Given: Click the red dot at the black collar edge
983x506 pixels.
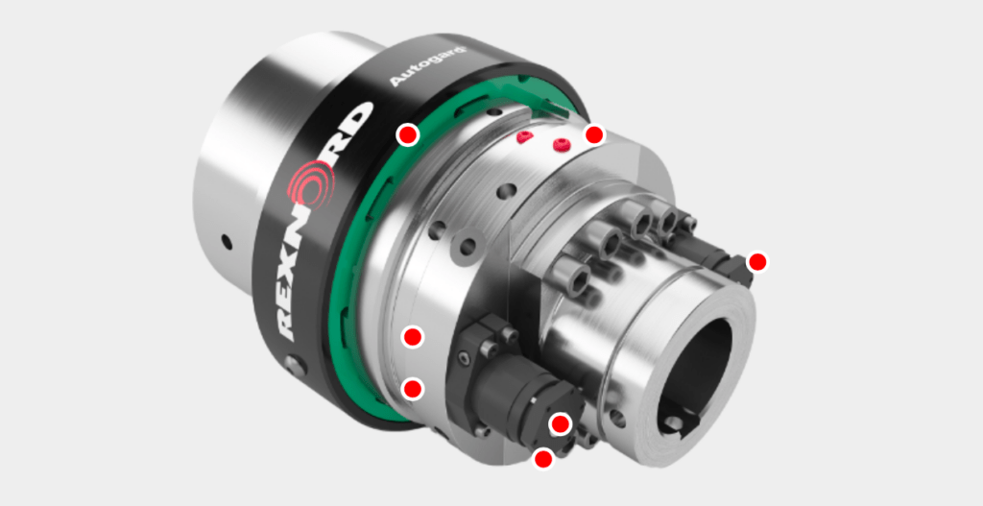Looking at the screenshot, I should (408, 133).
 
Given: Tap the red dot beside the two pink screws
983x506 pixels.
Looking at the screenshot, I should (594, 134).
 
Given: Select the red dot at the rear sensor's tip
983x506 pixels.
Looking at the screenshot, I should (757, 261).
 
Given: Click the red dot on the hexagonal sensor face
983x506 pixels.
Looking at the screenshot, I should (560, 423).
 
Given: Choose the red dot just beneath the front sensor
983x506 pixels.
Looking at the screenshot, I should (543, 459).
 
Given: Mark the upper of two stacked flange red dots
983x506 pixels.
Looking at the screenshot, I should (413, 336).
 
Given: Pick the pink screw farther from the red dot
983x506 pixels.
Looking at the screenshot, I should (523, 138).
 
